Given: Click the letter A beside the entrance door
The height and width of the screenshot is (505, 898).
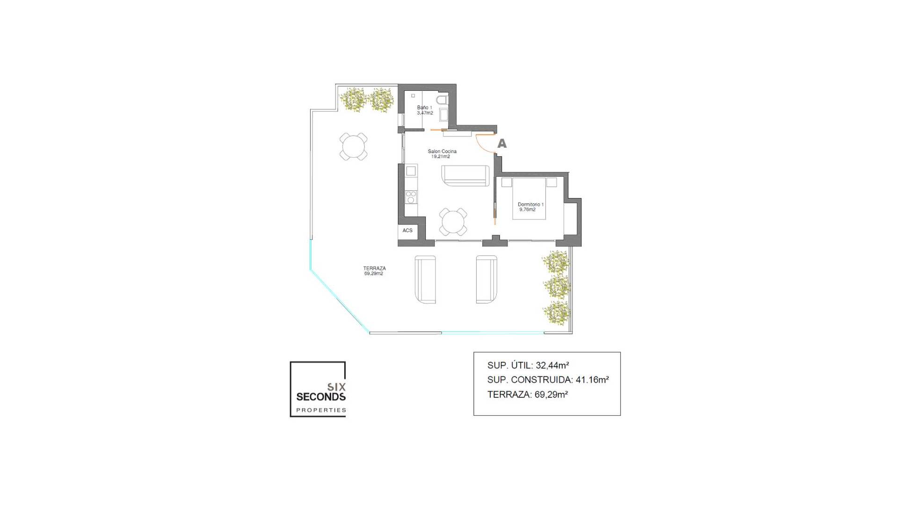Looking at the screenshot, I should tap(502, 144).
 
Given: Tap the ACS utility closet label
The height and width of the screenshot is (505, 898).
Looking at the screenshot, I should tap(407, 231).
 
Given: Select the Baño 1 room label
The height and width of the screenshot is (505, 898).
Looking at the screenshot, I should tap(425, 108).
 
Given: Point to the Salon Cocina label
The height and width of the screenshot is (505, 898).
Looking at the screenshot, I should tap(442, 151).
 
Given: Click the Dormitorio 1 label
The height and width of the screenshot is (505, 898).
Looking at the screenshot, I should tap(530, 204).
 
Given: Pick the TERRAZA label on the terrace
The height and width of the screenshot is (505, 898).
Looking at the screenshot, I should tap(374, 268).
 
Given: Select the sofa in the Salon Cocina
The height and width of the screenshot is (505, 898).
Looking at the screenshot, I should tap(465, 175).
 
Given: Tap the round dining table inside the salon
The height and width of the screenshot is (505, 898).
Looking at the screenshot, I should tap(453, 222).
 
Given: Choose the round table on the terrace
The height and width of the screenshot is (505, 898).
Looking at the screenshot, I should tap(353, 147).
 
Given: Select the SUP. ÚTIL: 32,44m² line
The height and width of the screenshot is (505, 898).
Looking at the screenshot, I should tap(528, 366).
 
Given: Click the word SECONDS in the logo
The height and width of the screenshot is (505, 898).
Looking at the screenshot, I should tap(321, 397).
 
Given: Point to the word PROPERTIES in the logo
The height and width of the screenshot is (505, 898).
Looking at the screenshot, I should tap(321, 410).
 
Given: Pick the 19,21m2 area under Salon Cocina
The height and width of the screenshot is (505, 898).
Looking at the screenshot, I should tap(441, 157).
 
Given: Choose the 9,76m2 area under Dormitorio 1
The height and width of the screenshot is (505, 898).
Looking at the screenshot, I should tap(527, 209).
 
